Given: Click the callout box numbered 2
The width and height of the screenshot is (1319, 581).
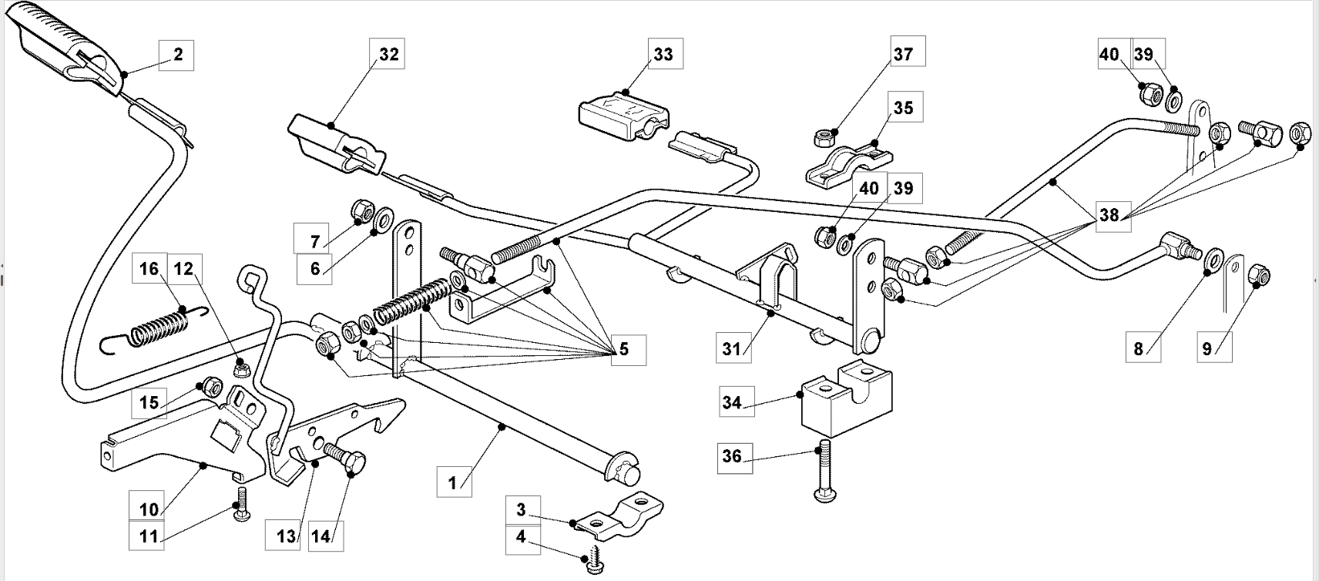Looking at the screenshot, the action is click(176, 55).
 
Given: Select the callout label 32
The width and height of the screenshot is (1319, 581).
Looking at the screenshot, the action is click(387, 54).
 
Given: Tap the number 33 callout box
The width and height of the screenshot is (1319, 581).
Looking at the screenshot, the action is click(666, 54).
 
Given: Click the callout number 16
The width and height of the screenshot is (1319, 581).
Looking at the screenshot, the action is click(149, 268).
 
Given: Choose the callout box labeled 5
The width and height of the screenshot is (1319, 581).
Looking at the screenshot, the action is click(628, 350).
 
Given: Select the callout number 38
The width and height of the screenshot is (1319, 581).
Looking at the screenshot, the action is click(1113, 217).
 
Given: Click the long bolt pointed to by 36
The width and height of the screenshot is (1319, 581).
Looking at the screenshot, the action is click(824, 471).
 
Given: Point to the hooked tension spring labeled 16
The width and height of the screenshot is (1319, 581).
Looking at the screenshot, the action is click(155, 329).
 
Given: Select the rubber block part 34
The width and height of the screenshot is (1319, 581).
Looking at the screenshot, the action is click(847, 398).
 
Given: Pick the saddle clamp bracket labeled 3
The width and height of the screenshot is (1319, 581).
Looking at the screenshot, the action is click(619, 515).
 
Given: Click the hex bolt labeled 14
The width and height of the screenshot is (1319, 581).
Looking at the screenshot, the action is click(345, 460).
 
